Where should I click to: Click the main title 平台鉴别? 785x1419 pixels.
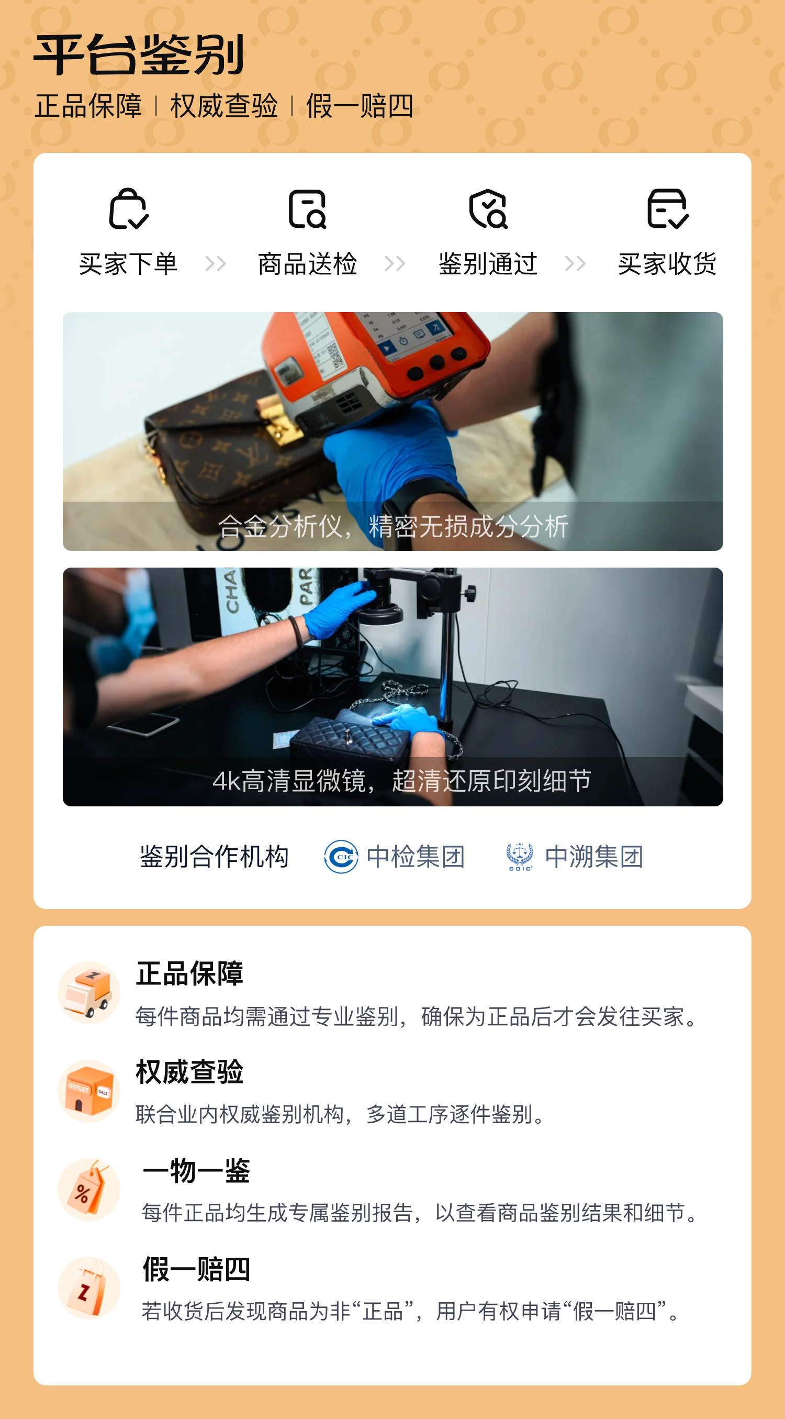click(x=139, y=54)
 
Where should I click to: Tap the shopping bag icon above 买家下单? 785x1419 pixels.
click(x=128, y=208)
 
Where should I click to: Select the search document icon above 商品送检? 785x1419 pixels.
click(x=307, y=209)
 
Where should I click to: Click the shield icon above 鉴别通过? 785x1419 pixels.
click(x=488, y=208)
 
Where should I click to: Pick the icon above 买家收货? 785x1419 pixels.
click(x=667, y=208)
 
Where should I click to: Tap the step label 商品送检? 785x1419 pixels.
click(x=308, y=264)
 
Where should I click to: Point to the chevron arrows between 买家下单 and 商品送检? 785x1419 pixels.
click(x=215, y=264)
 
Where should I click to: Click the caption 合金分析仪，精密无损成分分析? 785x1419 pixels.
click(x=393, y=526)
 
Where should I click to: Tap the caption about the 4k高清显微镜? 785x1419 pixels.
click(x=402, y=781)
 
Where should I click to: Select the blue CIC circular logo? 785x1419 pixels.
click(x=341, y=857)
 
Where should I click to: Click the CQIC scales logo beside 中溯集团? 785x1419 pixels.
click(x=520, y=857)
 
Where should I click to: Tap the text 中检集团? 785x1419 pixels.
click(x=416, y=857)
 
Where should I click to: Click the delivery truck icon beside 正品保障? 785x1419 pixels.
click(x=89, y=993)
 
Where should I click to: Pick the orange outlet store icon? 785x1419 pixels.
click(x=89, y=1091)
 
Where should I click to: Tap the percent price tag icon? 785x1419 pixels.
click(x=89, y=1189)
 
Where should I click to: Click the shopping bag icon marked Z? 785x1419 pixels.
click(x=89, y=1288)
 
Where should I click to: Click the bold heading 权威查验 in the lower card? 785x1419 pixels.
click(x=190, y=1072)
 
